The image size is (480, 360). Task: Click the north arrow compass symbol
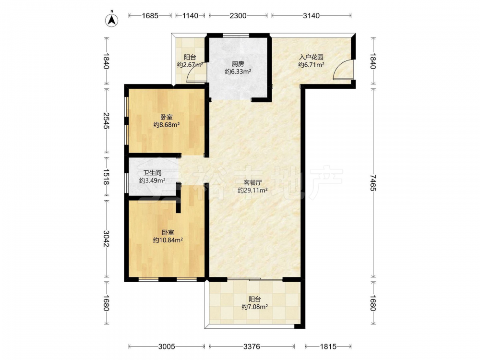point(112,20)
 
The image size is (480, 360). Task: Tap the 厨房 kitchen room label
point(238,64)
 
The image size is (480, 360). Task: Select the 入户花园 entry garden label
point(312,57)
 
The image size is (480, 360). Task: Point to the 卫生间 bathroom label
point(152,173)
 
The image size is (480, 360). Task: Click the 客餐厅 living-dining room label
point(252,183)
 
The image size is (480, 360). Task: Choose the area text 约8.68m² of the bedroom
point(167,125)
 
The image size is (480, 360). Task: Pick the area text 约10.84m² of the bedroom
point(168,240)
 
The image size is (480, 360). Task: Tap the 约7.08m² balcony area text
point(255,307)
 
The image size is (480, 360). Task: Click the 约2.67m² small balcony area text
point(190,65)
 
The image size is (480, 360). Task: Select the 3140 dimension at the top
point(312,16)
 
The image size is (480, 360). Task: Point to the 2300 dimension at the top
point(238,16)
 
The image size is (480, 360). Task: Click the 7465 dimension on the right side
point(372,183)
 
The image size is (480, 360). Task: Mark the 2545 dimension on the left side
point(106,120)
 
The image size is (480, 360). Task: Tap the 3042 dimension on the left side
point(106,239)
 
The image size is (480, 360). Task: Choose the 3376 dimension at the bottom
point(252,347)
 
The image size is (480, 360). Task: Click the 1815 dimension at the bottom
point(328,347)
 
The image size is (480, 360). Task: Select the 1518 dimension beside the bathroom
point(106,177)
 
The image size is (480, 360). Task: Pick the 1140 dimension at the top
point(190,16)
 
